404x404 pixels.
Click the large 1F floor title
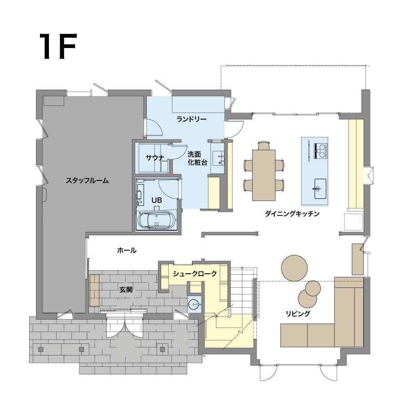pyautogui.click(x=58, y=46)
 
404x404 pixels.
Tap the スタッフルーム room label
pyautogui.click(x=87, y=180)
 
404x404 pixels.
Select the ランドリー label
pyautogui.click(x=191, y=119)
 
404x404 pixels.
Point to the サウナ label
pyautogui.click(x=155, y=158)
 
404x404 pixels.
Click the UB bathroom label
pyautogui.click(x=157, y=200)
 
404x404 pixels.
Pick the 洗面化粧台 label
pyautogui.click(x=198, y=158)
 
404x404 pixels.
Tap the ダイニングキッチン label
pyautogui.click(x=292, y=214)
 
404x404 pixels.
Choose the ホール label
pyautogui.click(x=127, y=250)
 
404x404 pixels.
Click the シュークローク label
pyautogui.click(x=195, y=274)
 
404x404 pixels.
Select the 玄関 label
pyautogui.click(x=126, y=290)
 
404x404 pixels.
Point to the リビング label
pyautogui.click(x=298, y=314)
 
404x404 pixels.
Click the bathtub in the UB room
pyautogui.click(x=157, y=220)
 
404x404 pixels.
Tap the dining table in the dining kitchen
pyautogui.click(x=264, y=175)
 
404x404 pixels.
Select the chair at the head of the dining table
pyautogui.click(x=264, y=145)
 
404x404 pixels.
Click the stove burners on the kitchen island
pyautogui.click(x=321, y=151)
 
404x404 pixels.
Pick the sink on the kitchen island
pyautogui.click(x=320, y=189)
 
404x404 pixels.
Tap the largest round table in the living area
pyautogui.click(x=294, y=268)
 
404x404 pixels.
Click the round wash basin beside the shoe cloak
pyautogui.click(x=194, y=305)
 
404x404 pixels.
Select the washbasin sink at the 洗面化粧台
pyautogui.click(x=219, y=158)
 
